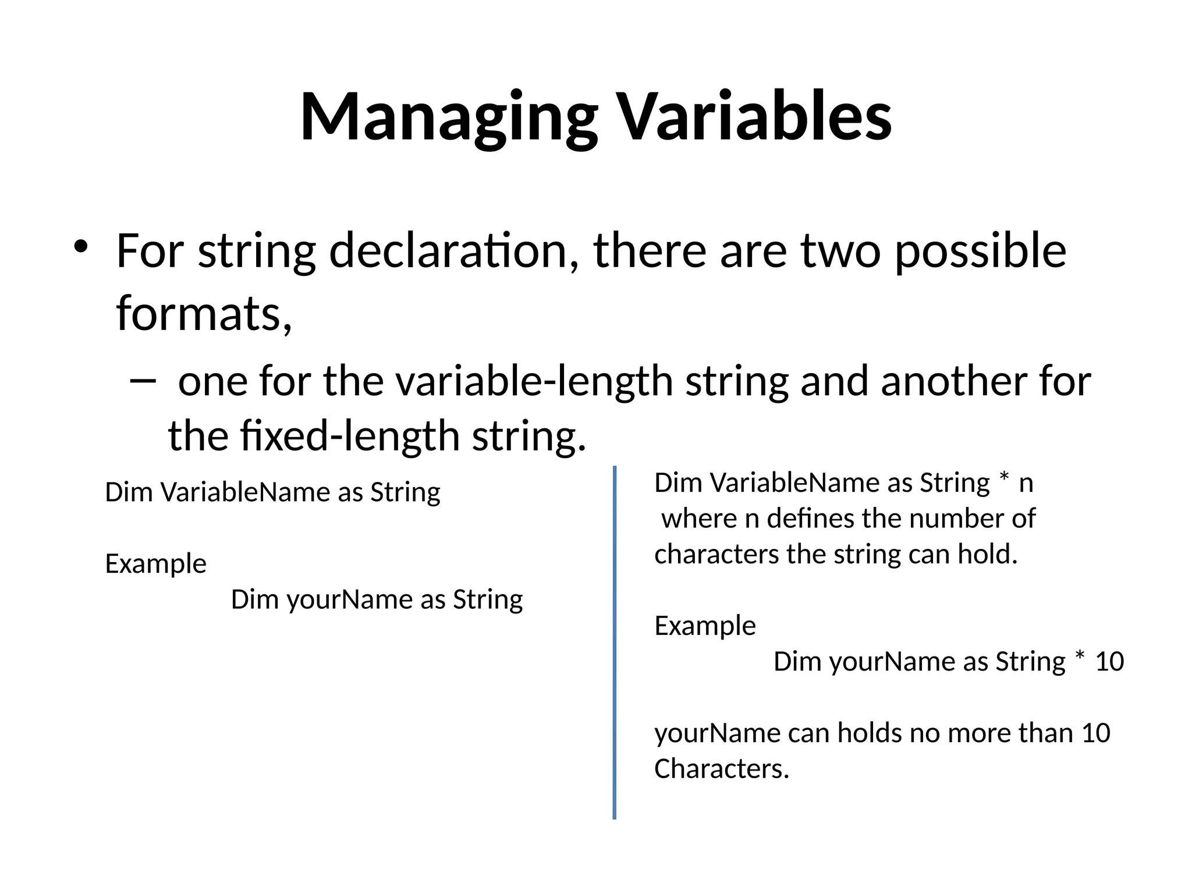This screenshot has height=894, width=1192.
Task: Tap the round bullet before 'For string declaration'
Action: [x=80, y=247]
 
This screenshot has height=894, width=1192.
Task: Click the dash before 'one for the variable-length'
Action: [x=143, y=381]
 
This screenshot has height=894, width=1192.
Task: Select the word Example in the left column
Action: [x=155, y=564]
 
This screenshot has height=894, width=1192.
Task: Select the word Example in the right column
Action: [x=705, y=626]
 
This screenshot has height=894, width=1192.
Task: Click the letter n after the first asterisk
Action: [x=1026, y=484]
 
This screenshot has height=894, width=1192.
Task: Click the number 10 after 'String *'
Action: [x=1109, y=662]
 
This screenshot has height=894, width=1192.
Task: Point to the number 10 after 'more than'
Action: [x=1096, y=733]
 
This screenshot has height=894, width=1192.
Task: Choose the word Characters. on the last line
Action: [x=722, y=769]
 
